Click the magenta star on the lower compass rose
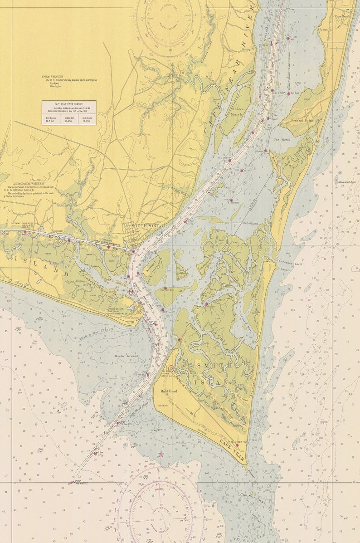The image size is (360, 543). tap(161, 453)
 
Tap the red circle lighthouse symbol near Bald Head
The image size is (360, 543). tap(171, 369)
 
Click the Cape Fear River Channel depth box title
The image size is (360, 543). tap(69, 104)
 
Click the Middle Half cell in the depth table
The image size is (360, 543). tap(69, 119)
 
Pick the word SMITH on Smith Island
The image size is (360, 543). tap(209, 365)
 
